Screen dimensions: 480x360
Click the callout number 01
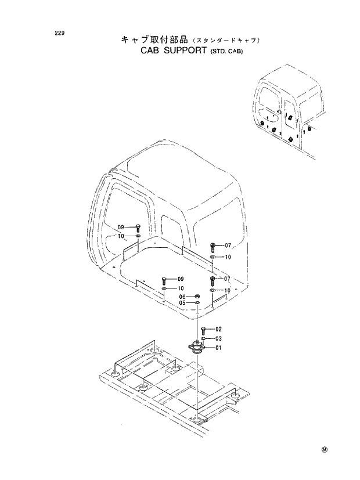click(219, 348)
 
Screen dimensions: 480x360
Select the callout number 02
click(219, 329)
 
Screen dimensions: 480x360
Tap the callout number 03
click(219, 338)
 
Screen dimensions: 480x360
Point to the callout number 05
click(182, 303)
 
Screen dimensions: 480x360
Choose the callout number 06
click(182, 297)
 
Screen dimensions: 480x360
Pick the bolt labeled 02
click(203, 330)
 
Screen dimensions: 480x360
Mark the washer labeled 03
click(203, 338)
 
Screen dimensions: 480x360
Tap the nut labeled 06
click(197, 297)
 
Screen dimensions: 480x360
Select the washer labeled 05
click(197, 303)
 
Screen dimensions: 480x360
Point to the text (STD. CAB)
click(225, 52)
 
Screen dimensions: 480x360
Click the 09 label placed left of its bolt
click(121, 227)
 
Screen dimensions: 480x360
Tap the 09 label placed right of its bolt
click(181, 279)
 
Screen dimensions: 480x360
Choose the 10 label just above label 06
click(181, 288)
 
